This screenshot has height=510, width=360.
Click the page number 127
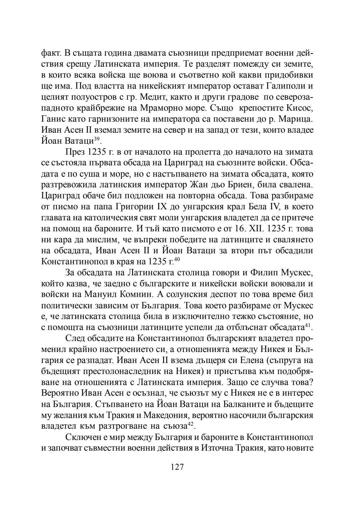177,467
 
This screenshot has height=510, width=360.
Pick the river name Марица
295,119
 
